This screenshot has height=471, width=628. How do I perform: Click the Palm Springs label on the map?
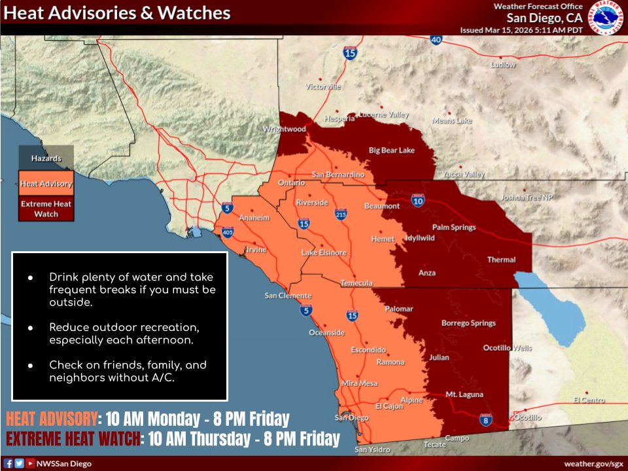tap(454, 228)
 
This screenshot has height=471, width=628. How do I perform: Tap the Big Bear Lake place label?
tap(392, 150)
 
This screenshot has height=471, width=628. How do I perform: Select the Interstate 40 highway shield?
tap(436, 40)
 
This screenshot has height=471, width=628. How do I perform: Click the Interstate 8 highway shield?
tap(485, 419)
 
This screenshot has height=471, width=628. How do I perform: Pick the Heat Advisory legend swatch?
tap(46, 183)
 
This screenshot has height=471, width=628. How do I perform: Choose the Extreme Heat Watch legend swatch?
tap(46, 209)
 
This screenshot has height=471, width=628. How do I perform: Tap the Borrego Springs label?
tap(468, 323)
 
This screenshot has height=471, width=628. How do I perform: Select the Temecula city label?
tap(357, 283)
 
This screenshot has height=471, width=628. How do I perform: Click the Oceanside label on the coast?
tap(326, 332)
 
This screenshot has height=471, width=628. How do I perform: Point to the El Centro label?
tap(589, 400)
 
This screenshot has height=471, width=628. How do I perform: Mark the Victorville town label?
tap(323, 86)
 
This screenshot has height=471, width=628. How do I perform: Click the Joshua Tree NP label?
tap(527, 197)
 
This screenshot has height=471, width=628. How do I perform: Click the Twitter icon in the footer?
tap(19, 463)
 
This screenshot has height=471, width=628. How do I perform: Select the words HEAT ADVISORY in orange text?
tap(51, 419)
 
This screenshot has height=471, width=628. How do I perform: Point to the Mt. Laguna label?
tap(464, 394)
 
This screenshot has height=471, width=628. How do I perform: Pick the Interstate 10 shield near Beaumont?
tap(418, 201)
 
